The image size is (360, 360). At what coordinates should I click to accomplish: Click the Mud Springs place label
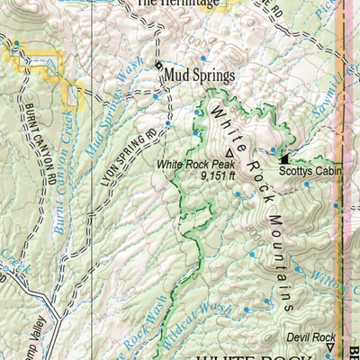200,76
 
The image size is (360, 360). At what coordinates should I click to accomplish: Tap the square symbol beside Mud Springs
157,67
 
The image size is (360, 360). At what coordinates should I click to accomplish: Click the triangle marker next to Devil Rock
329,345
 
